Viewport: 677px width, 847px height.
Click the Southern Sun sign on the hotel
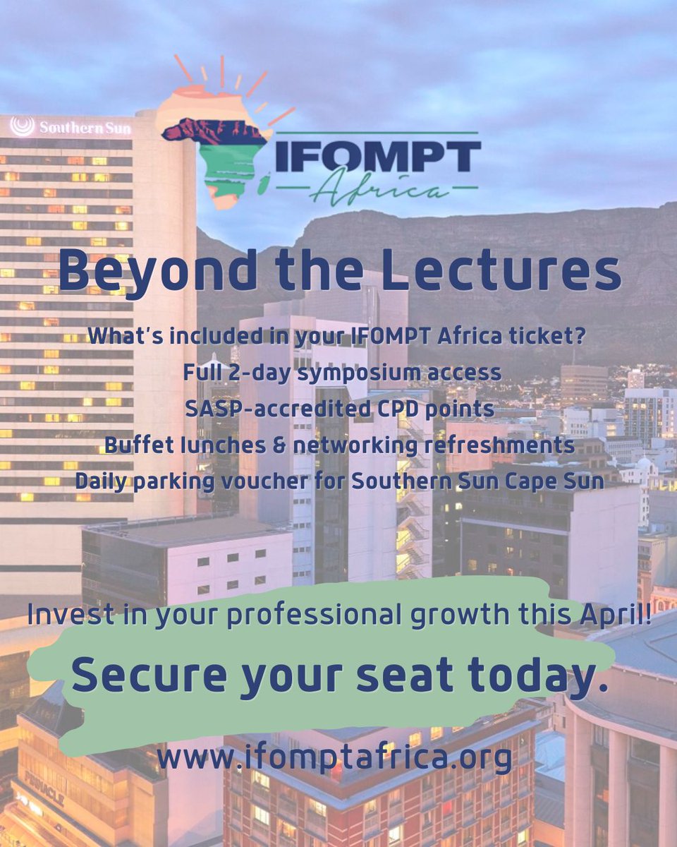tap(71, 128)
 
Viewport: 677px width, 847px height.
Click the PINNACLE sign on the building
tap(44, 788)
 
